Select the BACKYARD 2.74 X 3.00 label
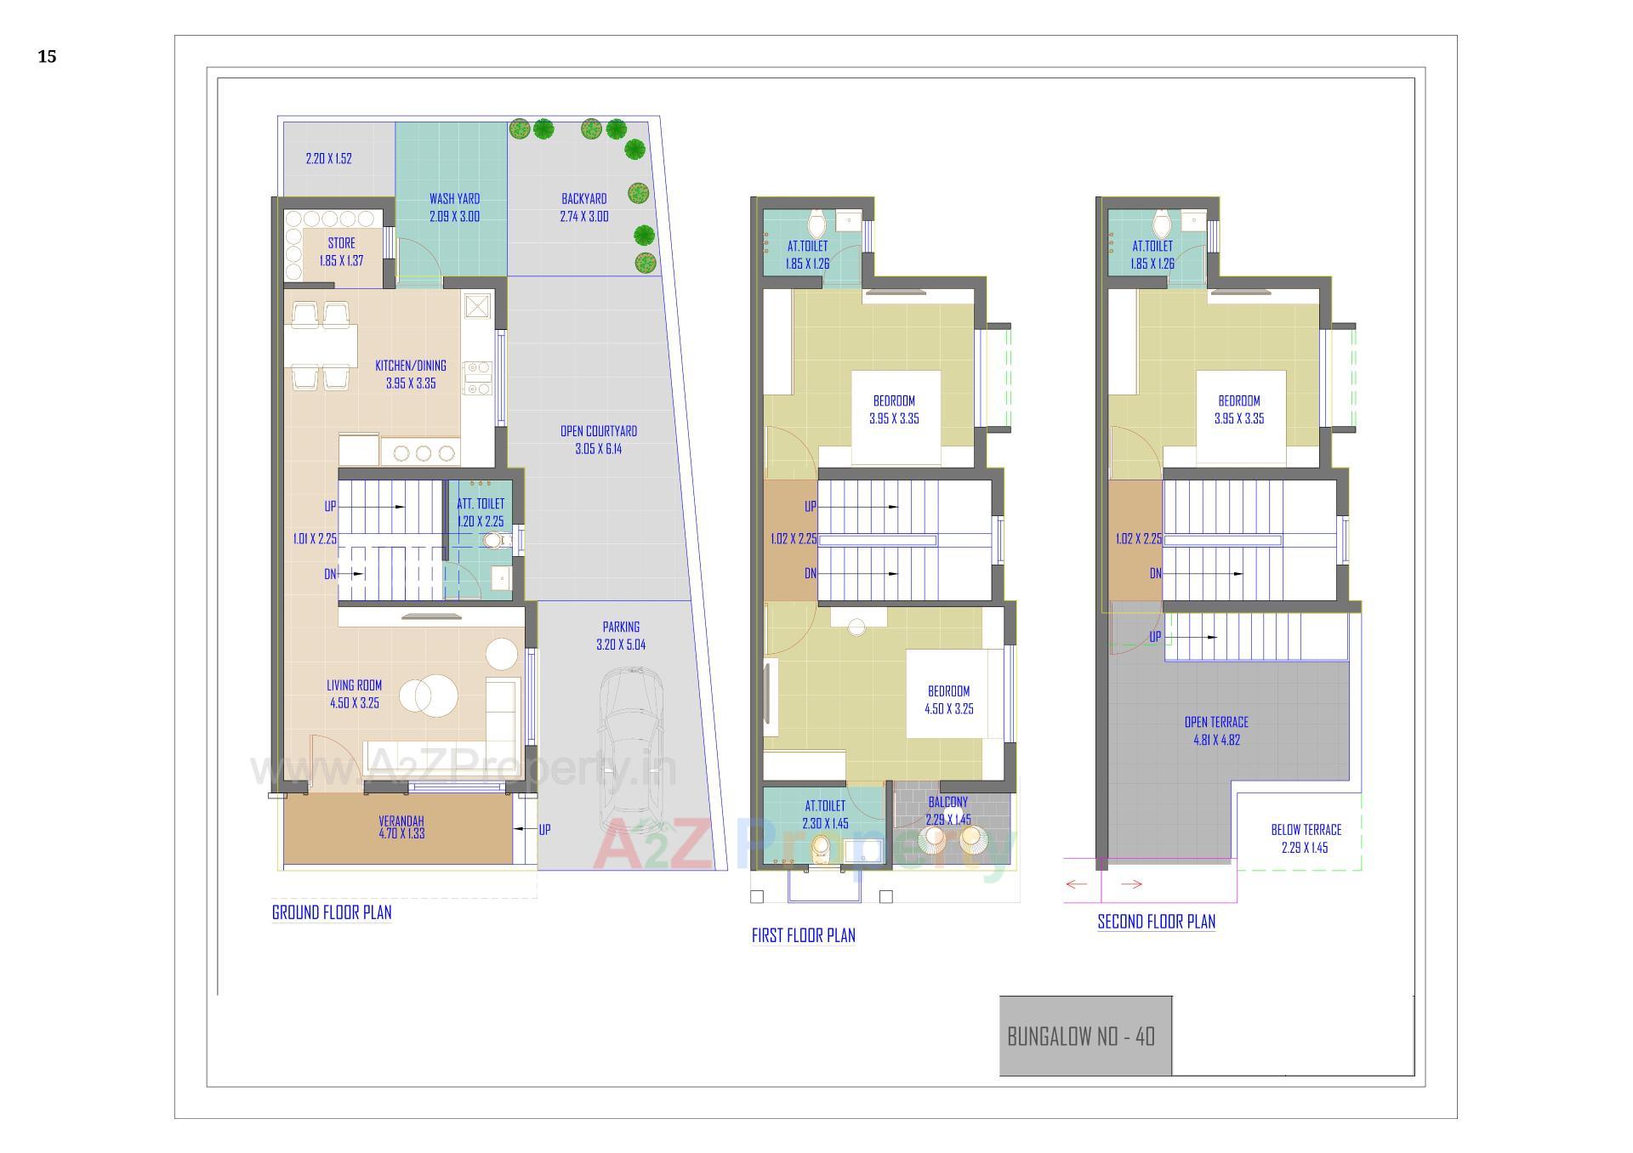pyautogui.click(x=584, y=207)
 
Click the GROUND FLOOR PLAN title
pyautogui.click(x=332, y=912)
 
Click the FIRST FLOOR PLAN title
pyautogui.click(x=803, y=935)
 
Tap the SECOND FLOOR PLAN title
pyautogui.click(x=1156, y=922)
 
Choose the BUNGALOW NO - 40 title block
pyautogui.click(x=1081, y=1037)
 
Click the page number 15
pyautogui.click(x=47, y=57)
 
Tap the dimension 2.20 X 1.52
pyautogui.click(x=328, y=159)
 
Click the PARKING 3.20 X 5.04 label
pyautogui.click(x=621, y=636)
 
